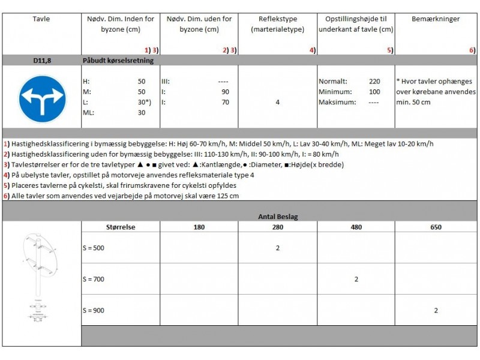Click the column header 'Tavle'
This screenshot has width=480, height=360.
click(41, 19)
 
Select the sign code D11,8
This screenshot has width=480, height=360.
click(41, 60)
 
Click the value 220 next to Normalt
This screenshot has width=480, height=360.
click(374, 81)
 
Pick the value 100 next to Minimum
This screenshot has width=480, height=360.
click(374, 92)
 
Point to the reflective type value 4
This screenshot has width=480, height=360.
click(277, 102)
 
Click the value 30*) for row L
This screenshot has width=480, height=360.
click(143, 102)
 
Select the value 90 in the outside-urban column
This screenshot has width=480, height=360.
click(225, 92)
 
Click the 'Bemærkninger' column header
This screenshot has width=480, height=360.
click(436, 19)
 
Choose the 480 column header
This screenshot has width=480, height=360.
click(356, 227)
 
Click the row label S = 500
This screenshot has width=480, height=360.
click(94, 248)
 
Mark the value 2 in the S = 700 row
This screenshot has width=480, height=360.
click(356, 279)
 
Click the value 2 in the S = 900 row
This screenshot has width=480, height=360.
click(436, 310)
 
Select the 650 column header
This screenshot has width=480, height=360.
click(436, 227)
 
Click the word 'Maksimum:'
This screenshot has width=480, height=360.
click(337, 102)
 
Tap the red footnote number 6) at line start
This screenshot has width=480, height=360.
click(6, 196)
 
